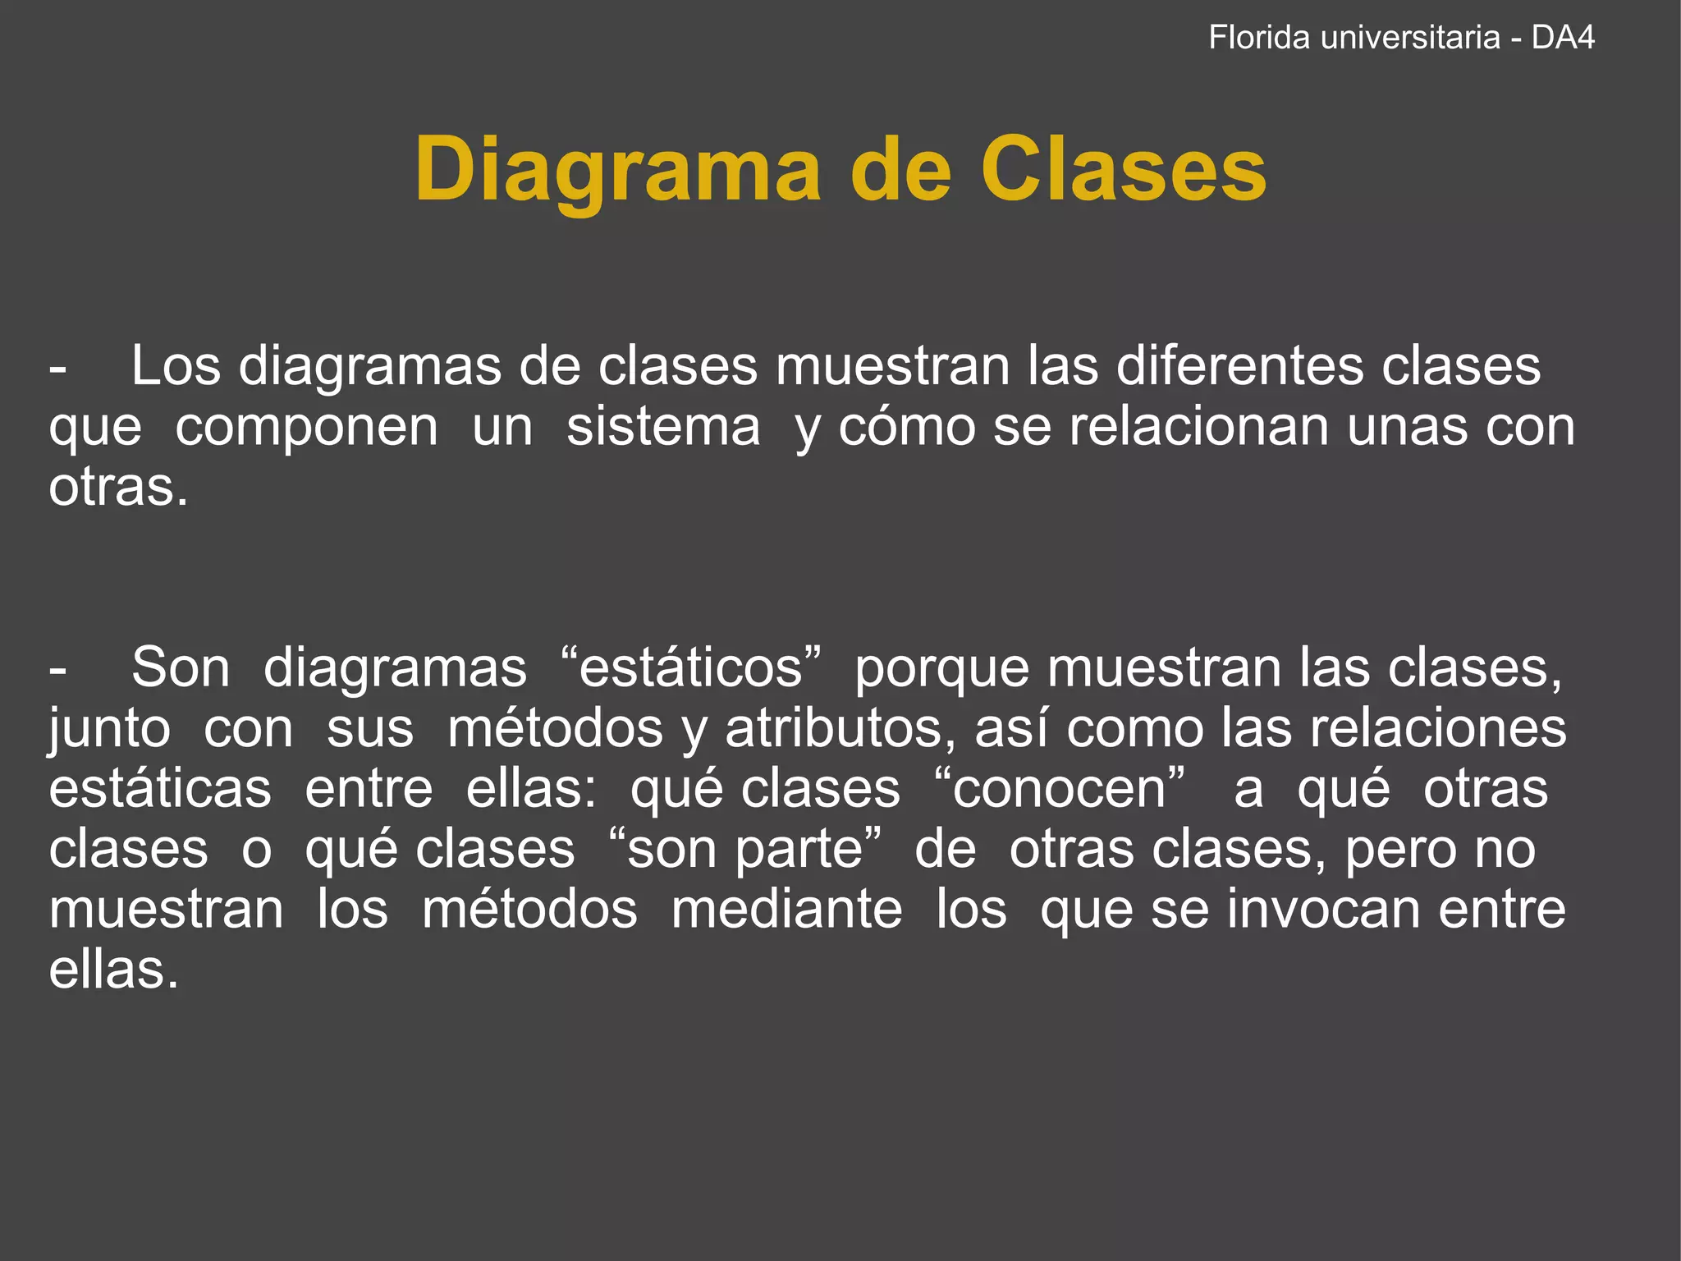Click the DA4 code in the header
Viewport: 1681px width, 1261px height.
click(1563, 38)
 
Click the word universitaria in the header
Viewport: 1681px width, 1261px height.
click(1410, 38)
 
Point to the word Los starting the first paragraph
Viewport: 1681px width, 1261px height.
click(176, 365)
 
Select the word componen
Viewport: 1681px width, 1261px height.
click(306, 427)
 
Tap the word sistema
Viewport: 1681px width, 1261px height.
click(663, 427)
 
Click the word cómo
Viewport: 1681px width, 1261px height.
click(906, 427)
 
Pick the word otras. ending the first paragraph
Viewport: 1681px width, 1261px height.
click(118, 488)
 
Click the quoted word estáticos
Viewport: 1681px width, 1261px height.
click(690, 667)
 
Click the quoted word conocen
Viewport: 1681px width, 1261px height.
click(1060, 789)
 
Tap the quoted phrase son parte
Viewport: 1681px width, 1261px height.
click(745, 850)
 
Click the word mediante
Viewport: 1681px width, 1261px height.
click(786, 910)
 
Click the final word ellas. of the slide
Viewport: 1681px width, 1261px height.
click(113, 970)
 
